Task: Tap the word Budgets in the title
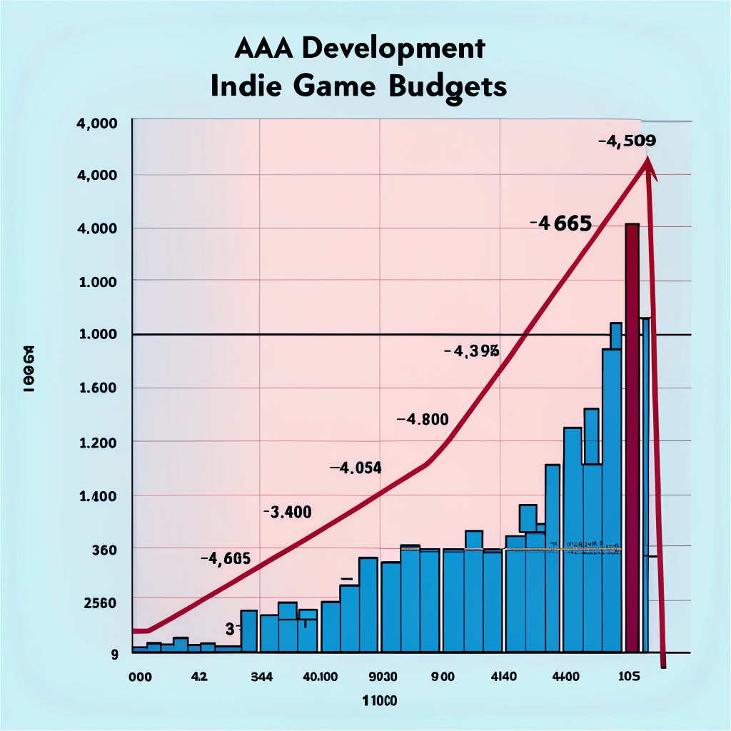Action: tap(449, 87)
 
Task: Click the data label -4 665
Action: tap(561, 224)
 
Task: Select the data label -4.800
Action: tap(423, 419)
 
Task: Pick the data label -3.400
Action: tap(287, 512)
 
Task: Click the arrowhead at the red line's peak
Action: tap(648, 166)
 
